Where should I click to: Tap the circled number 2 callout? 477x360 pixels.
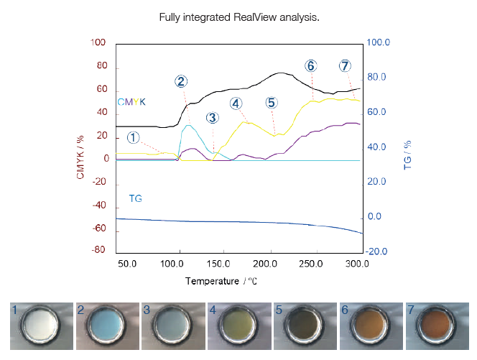(x=181, y=81)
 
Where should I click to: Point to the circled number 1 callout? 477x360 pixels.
(x=134, y=137)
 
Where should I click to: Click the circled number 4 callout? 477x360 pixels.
(x=236, y=103)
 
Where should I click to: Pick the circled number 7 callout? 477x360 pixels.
(x=346, y=66)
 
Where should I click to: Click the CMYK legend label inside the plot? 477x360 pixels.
(x=131, y=102)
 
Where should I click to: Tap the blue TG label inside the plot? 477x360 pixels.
(x=135, y=198)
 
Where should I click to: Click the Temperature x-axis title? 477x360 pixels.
(x=221, y=280)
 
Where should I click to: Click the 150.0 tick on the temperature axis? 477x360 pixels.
(x=220, y=264)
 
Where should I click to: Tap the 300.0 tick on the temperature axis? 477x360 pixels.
(x=357, y=264)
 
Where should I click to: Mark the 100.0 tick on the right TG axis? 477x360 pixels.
(x=378, y=43)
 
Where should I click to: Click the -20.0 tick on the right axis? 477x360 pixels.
(x=378, y=251)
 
